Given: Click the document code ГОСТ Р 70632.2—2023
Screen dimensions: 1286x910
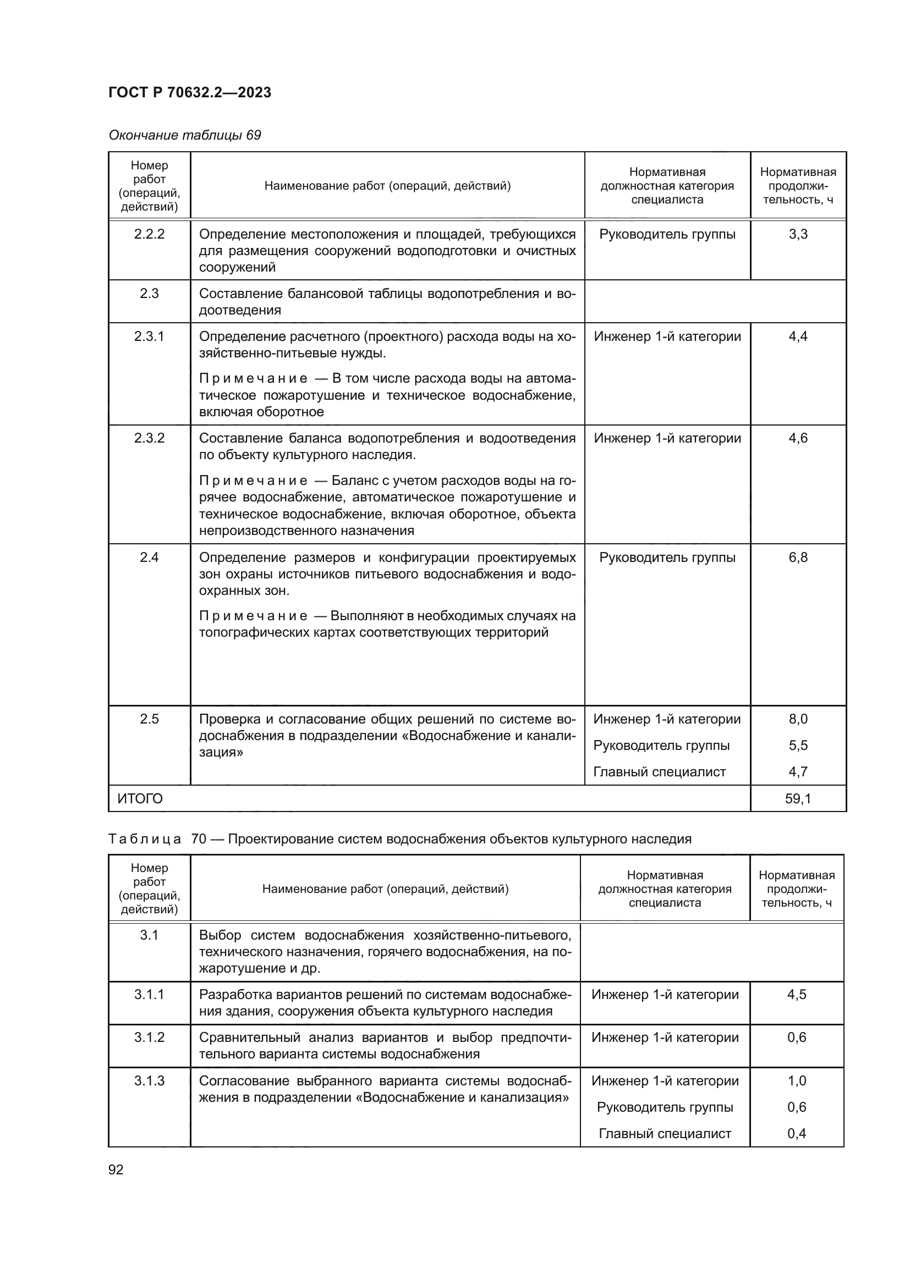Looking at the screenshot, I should pyautogui.click(x=189, y=92).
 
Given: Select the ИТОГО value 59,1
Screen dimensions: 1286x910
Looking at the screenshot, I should pyautogui.click(x=798, y=799).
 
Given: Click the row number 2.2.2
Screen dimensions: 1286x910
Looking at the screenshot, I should pyautogui.click(x=149, y=234).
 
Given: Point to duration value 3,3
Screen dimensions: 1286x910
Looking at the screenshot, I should pyautogui.click(x=798, y=234).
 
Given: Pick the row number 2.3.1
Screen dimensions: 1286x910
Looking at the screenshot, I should pyautogui.click(x=149, y=336).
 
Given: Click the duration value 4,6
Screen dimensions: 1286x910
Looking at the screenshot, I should pyautogui.click(x=798, y=438).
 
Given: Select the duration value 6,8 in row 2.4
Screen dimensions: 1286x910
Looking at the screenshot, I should pyautogui.click(x=798, y=558).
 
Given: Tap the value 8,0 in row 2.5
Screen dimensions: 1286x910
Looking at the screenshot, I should pyautogui.click(x=798, y=719).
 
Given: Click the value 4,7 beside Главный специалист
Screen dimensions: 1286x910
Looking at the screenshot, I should pyautogui.click(x=798, y=772).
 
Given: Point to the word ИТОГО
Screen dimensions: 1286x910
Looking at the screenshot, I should pyautogui.click(x=140, y=799).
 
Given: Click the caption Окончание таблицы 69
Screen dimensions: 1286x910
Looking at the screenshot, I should pyautogui.click(x=184, y=135).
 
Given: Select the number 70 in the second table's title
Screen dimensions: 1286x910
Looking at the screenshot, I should pyautogui.click(x=199, y=839).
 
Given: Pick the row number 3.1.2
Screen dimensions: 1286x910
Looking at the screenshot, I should pyautogui.click(x=149, y=1037).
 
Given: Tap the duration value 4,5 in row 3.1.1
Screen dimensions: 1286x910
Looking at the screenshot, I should pyautogui.click(x=796, y=994).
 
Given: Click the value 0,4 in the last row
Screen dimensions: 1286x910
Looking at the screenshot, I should pyautogui.click(x=796, y=1134).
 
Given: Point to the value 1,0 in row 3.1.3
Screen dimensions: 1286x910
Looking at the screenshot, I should pyautogui.click(x=796, y=1081).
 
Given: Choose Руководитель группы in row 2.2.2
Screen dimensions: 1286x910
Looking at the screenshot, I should pyautogui.click(x=667, y=234).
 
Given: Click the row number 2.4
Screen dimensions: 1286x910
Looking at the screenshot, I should pyautogui.click(x=149, y=558).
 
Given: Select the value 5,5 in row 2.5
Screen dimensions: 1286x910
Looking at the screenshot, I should pyautogui.click(x=798, y=746).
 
